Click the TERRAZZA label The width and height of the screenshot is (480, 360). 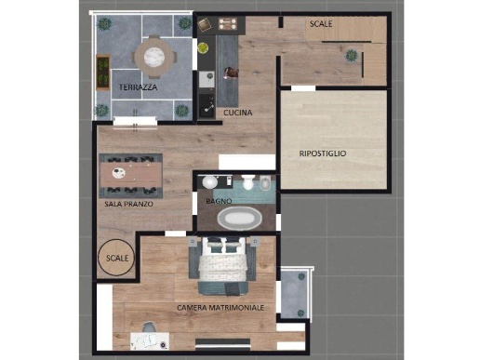[138, 87]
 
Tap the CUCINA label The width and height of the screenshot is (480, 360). [238, 113]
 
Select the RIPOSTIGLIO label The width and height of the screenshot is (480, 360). [323, 153]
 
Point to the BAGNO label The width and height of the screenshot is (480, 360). [219, 201]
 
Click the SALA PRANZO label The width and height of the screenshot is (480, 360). [128, 204]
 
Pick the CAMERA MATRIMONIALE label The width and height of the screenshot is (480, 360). [220, 308]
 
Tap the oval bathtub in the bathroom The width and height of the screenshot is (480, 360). [240, 219]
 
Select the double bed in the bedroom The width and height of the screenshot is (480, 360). [223, 266]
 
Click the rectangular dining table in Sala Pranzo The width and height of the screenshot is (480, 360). [131, 175]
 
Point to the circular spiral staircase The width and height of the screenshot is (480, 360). [116, 258]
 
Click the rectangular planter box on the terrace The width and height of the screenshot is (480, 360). [103, 73]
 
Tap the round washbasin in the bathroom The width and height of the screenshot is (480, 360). [210, 182]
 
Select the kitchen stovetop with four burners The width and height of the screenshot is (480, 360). [228, 23]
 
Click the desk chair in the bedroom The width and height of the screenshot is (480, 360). [149, 327]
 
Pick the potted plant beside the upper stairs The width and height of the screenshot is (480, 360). [352, 56]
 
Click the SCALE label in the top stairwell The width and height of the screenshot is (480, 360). [321, 24]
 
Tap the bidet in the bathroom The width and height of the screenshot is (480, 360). [265, 183]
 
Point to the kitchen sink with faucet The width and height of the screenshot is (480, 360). [207, 106]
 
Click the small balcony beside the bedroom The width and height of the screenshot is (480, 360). [294, 294]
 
